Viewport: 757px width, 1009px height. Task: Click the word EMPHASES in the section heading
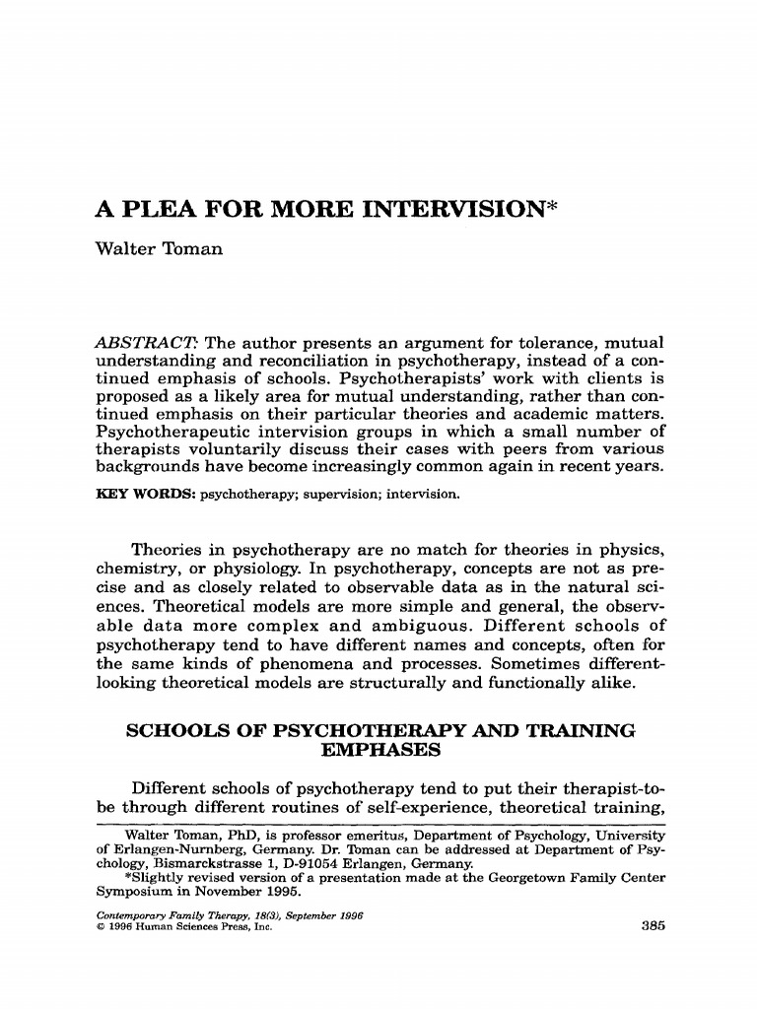[379, 750]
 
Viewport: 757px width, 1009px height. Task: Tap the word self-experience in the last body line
[392, 807]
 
